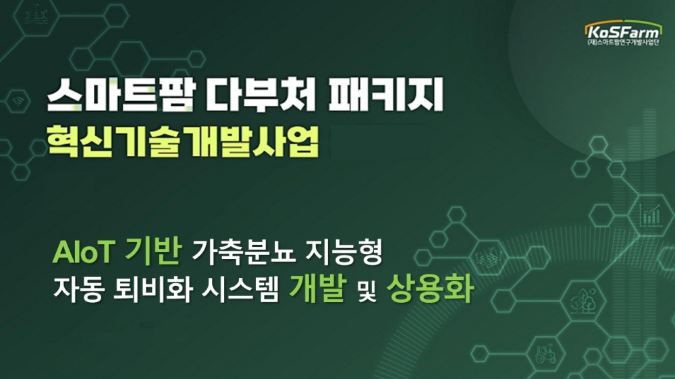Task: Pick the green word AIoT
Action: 84,254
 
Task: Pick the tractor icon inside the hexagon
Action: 545,355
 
